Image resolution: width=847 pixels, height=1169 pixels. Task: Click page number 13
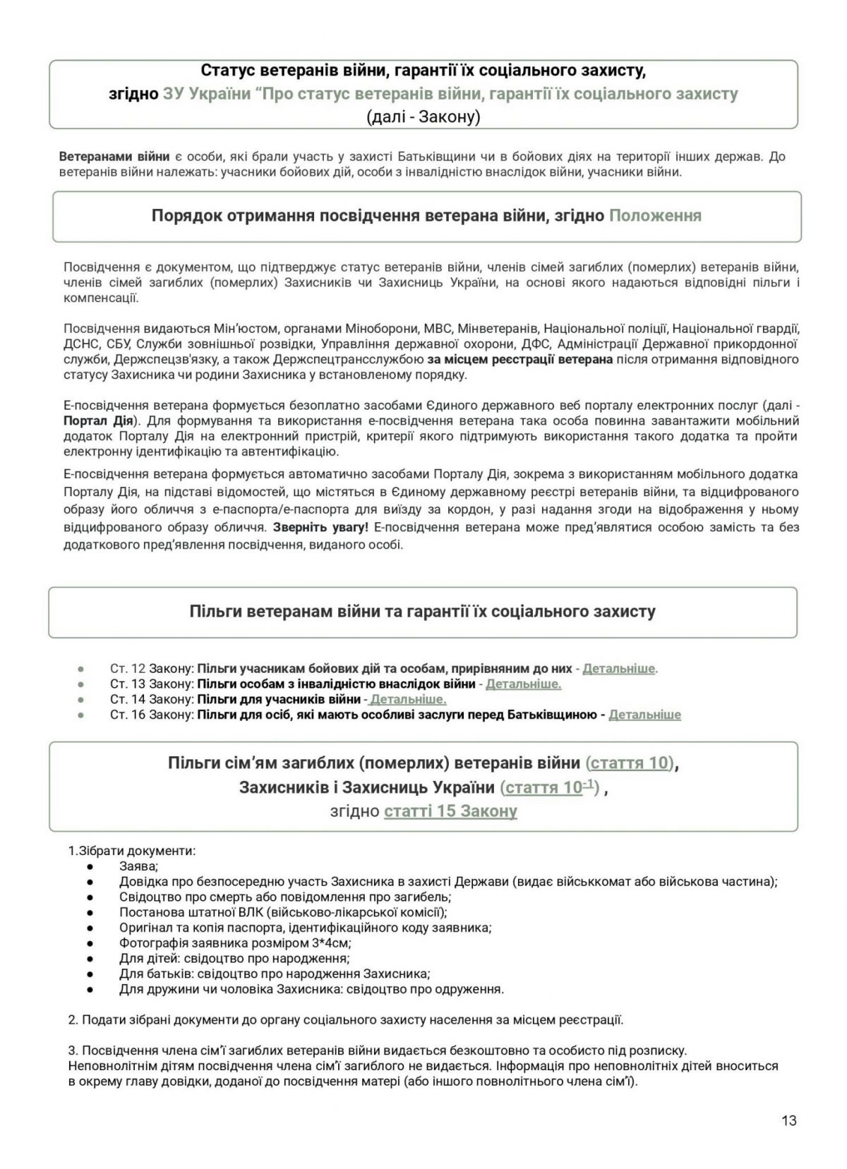click(x=789, y=1120)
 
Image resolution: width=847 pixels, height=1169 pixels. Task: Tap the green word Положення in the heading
click(x=655, y=216)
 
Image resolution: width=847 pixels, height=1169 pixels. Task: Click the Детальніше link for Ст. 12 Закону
click(x=618, y=668)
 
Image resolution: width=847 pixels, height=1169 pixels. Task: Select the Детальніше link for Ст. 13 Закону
click(x=523, y=684)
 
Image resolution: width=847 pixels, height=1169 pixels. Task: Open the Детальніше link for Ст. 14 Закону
click(x=408, y=699)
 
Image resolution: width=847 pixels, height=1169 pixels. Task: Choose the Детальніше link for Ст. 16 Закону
click(x=644, y=715)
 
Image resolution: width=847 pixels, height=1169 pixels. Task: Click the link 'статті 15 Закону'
click(x=450, y=811)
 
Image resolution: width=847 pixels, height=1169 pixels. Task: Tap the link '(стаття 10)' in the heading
click(x=631, y=763)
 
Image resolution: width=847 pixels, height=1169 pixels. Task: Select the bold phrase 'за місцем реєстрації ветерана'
click(x=520, y=359)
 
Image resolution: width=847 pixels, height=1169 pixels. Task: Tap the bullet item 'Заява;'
click(x=139, y=866)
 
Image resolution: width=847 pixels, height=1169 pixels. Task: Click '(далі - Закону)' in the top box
click(x=423, y=116)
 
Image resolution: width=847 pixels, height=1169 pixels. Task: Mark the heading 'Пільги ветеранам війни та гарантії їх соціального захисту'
click(x=422, y=612)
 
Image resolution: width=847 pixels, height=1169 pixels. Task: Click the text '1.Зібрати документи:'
click(x=132, y=851)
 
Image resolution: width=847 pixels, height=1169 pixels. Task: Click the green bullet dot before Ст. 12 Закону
click(x=81, y=668)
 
